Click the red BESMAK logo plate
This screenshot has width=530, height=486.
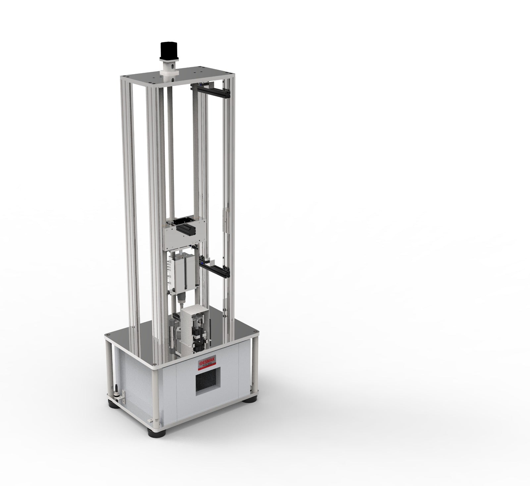click(207, 364)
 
